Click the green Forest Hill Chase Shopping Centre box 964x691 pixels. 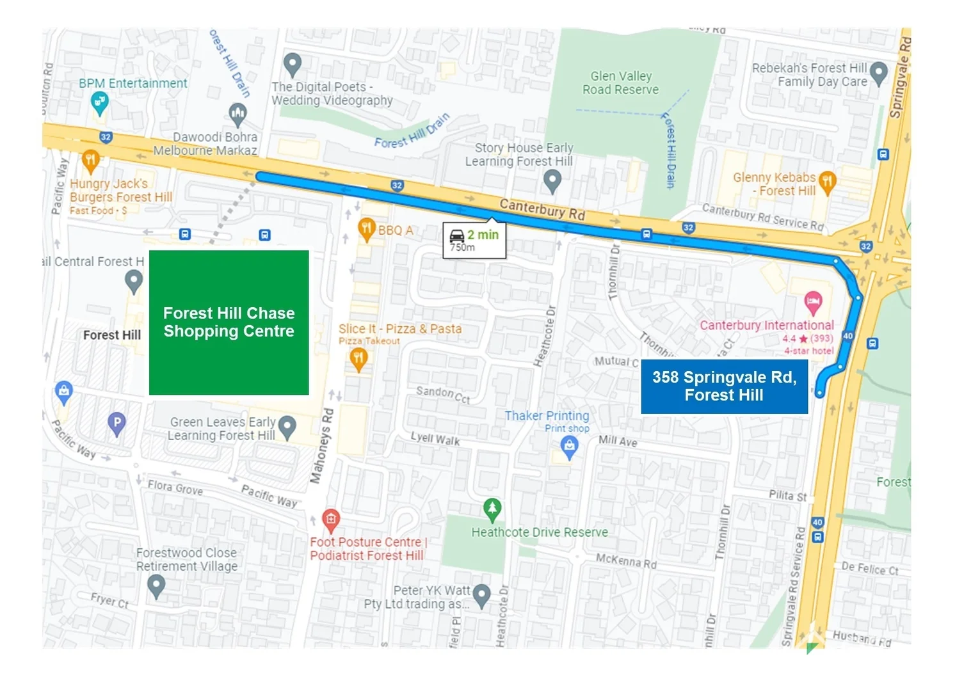point(229,322)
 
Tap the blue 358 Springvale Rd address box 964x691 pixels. point(724,386)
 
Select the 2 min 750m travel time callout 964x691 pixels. point(474,241)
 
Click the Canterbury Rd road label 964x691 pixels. point(542,209)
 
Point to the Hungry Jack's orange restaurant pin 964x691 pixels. point(90,161)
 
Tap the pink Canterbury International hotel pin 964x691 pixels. point(812,303)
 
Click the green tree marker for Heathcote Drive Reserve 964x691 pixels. point(492,510)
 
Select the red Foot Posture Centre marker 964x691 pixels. point(330,520)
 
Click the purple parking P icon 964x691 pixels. point(116,423)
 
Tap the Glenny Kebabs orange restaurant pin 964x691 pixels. point(827,182)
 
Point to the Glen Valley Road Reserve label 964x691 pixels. point(620,83)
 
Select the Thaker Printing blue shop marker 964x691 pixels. point(569,447)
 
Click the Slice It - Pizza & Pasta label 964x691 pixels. point(400,329)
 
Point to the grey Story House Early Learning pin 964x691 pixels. point(551,180)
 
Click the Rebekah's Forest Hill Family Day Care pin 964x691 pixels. point(878,72)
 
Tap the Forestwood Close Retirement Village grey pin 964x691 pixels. point(156,585)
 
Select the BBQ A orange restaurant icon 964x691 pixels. point(366,229)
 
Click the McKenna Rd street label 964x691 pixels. point(626,561)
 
